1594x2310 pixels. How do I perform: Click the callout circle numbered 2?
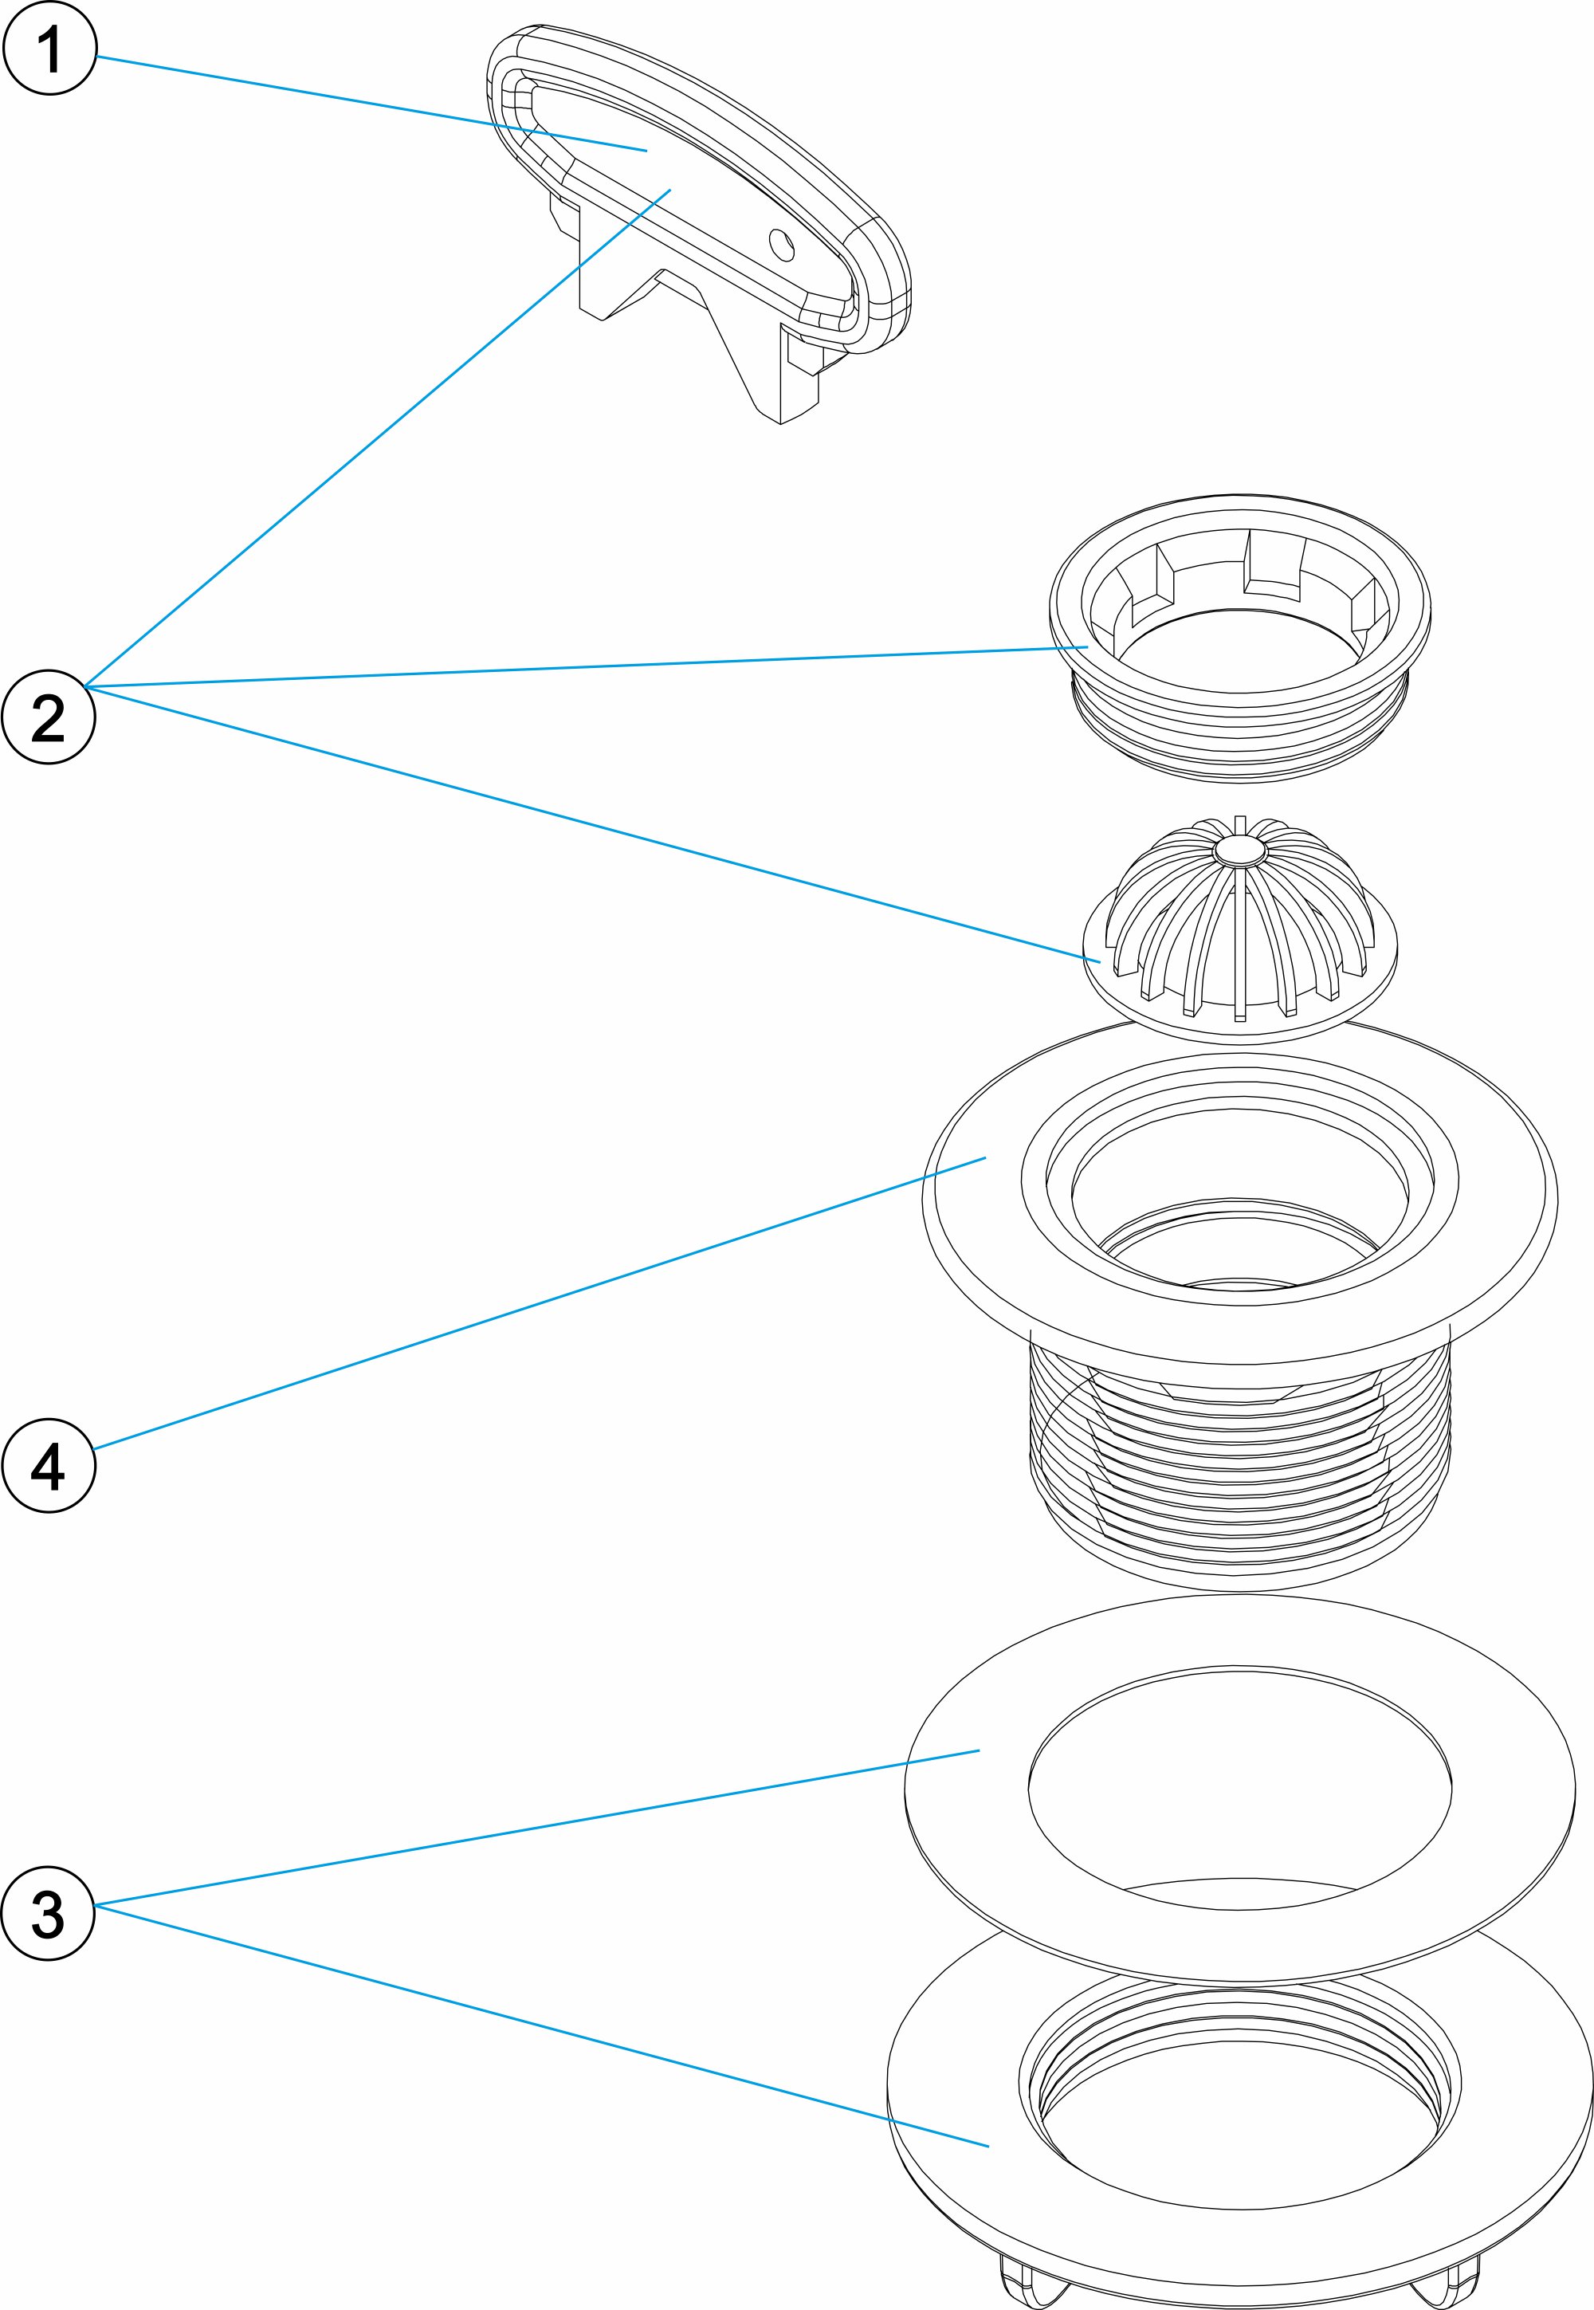49,717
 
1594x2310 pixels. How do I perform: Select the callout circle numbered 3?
49,1912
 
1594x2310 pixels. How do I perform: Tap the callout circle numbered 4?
49,1465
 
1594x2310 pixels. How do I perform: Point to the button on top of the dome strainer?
1239,849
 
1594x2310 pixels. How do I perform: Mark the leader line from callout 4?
540,1302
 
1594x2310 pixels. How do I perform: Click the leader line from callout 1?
370,104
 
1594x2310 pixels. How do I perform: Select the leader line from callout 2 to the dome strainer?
589,822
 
